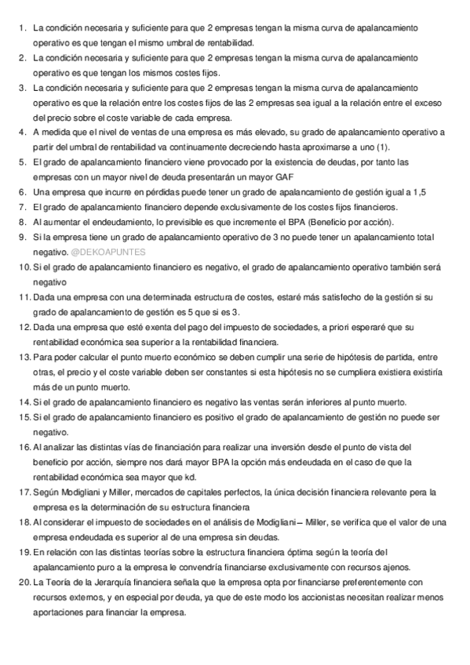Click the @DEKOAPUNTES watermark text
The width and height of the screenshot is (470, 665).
[x=103, y=253]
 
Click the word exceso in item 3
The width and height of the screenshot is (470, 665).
[x=430, y=103]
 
